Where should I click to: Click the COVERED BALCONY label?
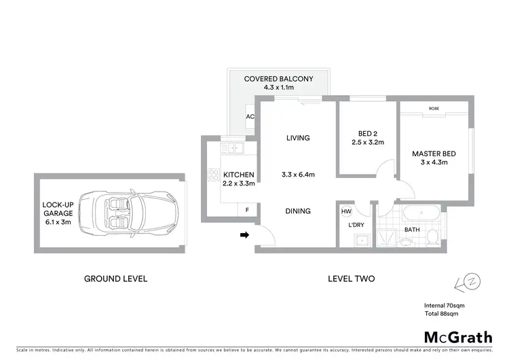278,79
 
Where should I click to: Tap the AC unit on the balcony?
250,116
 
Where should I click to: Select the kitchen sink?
235,147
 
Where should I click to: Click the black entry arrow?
244,235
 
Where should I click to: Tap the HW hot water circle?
347,211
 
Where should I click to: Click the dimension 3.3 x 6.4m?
298,175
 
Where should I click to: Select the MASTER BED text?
434,154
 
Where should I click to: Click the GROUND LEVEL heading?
115,278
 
